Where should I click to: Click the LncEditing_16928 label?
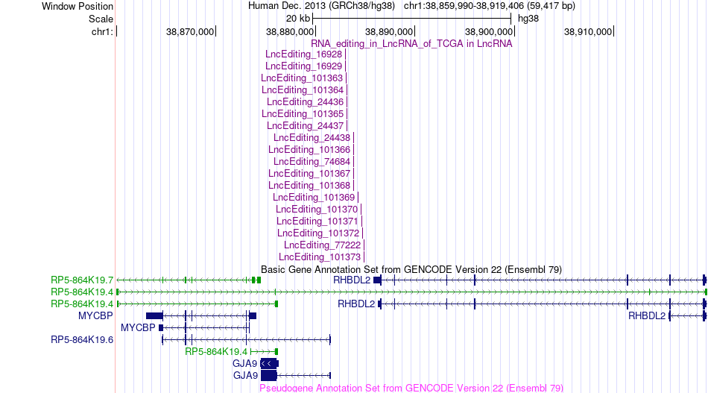pos(304,54)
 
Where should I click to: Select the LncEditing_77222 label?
pos(323,245)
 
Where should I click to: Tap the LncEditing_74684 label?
pos(312,161)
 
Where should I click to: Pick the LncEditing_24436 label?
pos(306,101)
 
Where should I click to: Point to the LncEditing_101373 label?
pos(320,257)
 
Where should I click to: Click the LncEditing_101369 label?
pos(314,198)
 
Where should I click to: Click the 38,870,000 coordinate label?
pos(190,31)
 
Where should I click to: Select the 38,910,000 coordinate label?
pos(588,31)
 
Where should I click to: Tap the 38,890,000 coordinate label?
pos(389,31)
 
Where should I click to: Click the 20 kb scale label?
pos(298,19)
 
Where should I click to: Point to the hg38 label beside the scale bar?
pos(528,19)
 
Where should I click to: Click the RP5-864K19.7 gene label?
pos(82,280)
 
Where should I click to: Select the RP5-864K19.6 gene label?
pos(82,340)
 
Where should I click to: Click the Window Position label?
pos(78,6)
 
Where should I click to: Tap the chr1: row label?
pos(102,31)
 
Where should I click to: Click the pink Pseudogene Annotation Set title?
pos(411,388)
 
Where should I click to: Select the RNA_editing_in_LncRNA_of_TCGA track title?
pos(411,44)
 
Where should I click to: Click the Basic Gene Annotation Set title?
pos(411,270)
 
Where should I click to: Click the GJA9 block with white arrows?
pos(270,364)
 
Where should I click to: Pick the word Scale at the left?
pos(101,19)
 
